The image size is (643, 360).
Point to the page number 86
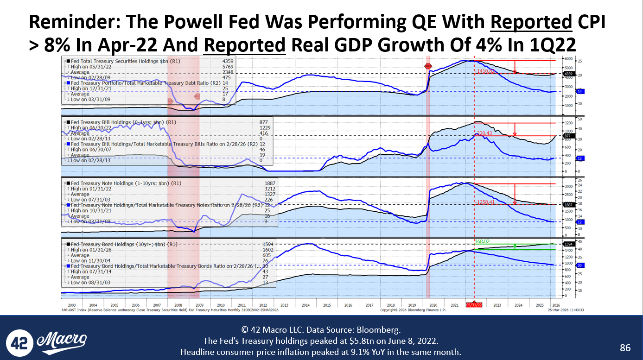[x=625, y=347]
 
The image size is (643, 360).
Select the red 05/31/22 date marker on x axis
[x=474, y=305]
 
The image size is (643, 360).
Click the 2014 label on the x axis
[x=306, y=305]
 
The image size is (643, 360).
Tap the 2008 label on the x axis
[x=178, y=305]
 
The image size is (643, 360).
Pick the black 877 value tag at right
[x=568, y=136]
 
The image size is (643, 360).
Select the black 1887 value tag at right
[x=568, y=205]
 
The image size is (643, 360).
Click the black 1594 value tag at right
[x=568, y=244]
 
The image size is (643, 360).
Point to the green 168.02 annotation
[x=482, y=241]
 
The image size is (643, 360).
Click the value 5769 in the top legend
[x=228, y=66]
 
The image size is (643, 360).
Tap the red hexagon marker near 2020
[x=428, y=67]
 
